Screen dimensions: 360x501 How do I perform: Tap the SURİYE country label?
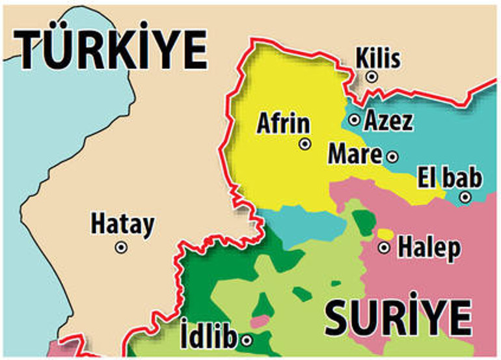[x=398, y=318]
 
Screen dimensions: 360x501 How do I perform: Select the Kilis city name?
[x=377, y=59]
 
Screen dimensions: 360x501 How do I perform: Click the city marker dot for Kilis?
[x=372, y=77]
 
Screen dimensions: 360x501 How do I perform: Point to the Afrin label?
[x=284, y=123]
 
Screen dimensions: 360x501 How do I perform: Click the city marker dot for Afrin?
[x=305, y=145]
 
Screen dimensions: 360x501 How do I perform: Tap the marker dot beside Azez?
[x=355, y=120]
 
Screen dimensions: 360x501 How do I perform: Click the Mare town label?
[x=355, y=155]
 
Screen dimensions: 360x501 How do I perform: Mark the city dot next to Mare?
[x=392, y=156]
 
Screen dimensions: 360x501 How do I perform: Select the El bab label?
[x=450, y=177]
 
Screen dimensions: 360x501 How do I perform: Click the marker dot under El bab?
[x=465, y=197]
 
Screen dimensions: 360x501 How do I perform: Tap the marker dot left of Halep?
[x=385, y=247]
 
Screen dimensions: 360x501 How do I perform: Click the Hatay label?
[x=122, y=225]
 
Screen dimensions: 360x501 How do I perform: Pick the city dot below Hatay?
[x=121, y=247]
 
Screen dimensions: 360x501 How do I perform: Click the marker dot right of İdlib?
[x=247, y=340]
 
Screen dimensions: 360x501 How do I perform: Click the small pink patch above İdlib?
[x=260, y=321]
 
